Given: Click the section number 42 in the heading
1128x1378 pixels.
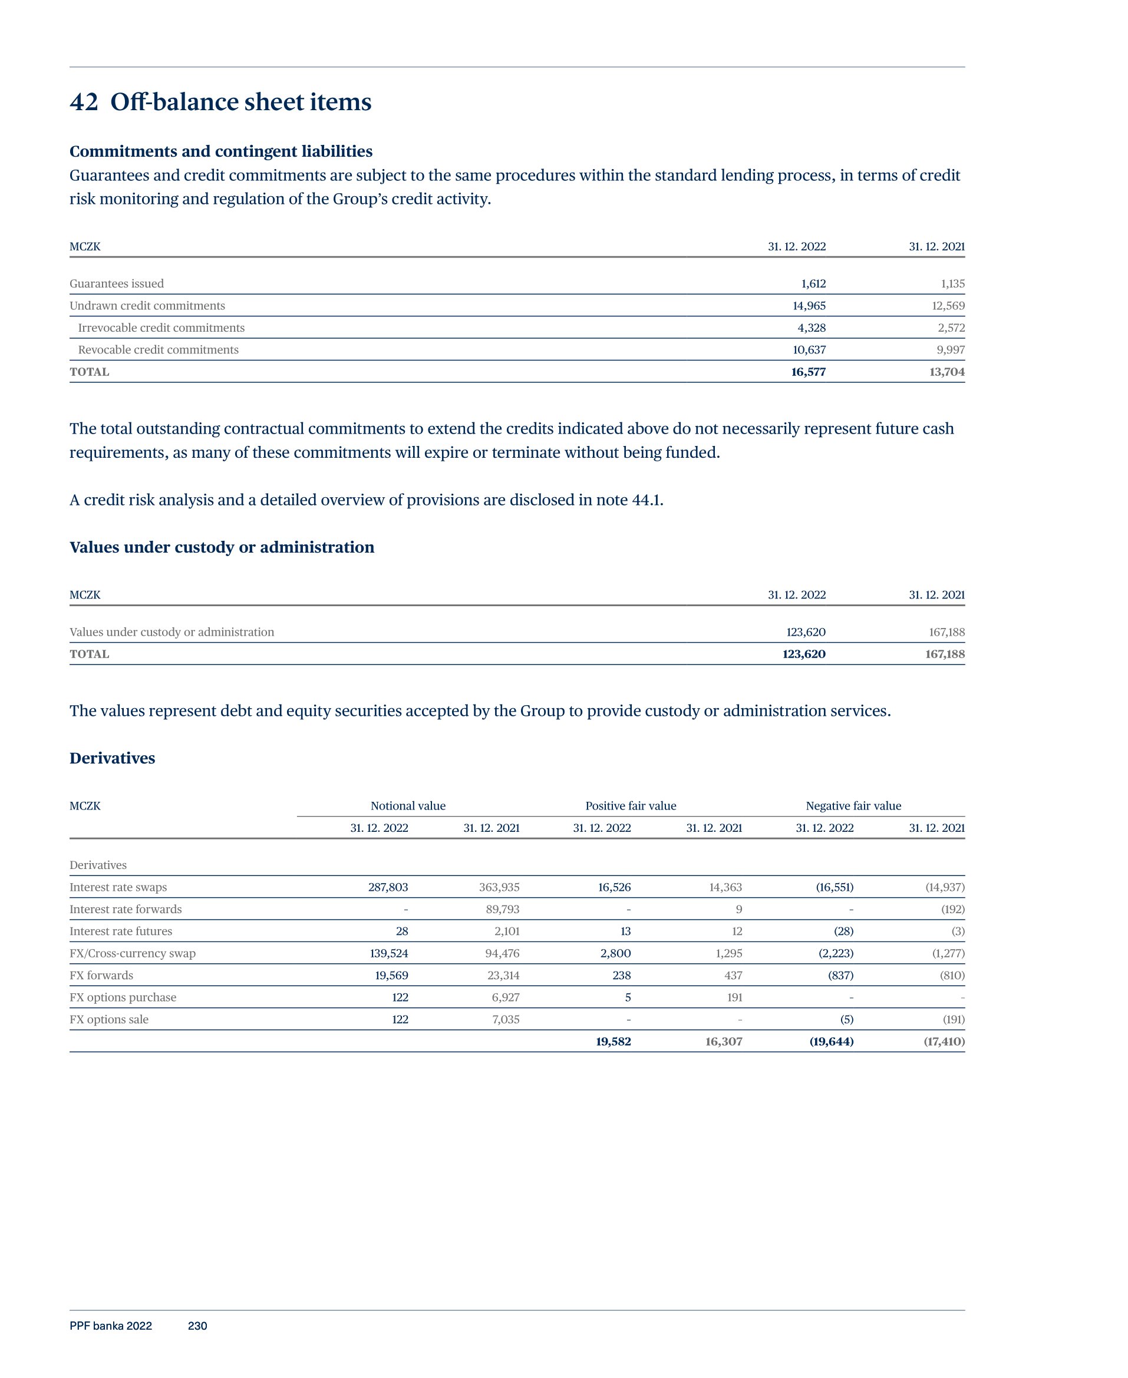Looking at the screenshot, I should pos(84,102).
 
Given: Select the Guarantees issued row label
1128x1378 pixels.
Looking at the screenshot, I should pos(117,284).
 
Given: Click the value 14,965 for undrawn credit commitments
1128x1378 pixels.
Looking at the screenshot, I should pos(809,306).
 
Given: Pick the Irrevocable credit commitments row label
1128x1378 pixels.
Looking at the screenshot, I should pos(161,328).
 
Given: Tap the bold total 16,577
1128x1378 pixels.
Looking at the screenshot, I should pos(809,372).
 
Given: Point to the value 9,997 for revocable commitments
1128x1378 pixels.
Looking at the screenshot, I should pos(951,350).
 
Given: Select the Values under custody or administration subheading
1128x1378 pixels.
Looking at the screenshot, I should pos(222,547).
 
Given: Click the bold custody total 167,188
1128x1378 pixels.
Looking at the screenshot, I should pos(945,654).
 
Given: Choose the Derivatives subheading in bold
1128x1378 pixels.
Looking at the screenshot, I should pos(113,758).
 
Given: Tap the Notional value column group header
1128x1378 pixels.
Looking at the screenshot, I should pos(408,806).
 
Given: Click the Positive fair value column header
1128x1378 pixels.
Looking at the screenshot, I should pos(630,806).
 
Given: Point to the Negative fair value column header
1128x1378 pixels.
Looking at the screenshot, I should pos(853,806).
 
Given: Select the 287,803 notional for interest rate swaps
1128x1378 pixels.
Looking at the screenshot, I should pos(388,888).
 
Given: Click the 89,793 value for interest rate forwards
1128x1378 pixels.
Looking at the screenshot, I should pos(502,910).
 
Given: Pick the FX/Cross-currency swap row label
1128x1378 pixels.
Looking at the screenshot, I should pos(133,954).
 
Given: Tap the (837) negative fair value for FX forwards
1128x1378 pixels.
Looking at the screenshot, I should pos(841,976).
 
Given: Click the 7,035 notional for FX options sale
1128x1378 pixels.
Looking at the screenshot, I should pos(506,1020).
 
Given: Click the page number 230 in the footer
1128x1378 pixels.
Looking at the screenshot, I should pos(197,1326).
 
